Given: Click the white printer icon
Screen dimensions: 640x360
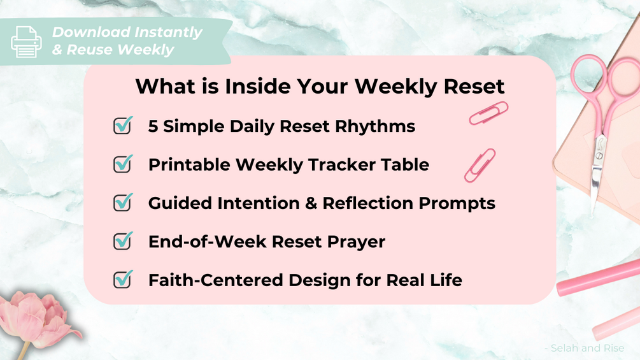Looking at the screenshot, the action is click(x=26, y=42).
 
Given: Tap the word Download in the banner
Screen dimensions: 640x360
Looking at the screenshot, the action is click(x=91, y=32).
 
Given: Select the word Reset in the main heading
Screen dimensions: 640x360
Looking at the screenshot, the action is click(x=474, y=87).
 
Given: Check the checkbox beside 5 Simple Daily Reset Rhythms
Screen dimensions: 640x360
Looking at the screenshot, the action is click(x=123, y=126).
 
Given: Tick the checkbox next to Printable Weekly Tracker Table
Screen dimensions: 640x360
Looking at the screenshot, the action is click(x=123, y=164).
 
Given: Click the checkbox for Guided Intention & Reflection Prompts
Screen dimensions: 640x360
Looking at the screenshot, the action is click(x=123, y=203).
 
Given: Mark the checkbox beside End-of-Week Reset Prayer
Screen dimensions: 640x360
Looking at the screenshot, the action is click(x=123, y=241).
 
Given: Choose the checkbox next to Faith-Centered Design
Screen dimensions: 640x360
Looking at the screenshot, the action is click(x=123, y=279).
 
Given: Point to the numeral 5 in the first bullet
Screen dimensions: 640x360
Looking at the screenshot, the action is click(x=153, y=126).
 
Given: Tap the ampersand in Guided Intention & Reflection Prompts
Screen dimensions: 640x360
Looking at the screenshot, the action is click(x=311, y=203).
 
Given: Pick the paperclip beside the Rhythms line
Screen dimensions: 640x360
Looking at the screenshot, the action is click(x=488, y=113).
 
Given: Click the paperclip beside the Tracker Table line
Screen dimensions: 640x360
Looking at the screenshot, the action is click(x=480, y=165).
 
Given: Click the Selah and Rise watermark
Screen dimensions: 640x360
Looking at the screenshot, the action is click(x=584, y=348).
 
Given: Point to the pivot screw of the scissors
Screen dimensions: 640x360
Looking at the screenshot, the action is click(x=599, y=156).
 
